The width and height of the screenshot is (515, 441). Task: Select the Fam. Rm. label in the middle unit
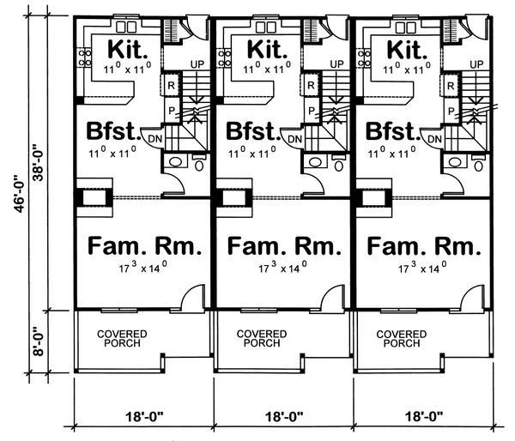tap(284, 246)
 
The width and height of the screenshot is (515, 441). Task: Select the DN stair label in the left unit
tap(154, 138)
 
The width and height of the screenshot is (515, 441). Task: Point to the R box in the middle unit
tap(311, 85)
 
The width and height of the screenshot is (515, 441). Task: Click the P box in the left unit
tap(172, 111)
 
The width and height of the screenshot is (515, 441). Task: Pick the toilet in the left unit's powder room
tap(200, 162)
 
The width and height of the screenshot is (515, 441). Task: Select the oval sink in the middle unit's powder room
tap(316, 161)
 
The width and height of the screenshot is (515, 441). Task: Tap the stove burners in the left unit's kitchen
tap(86, 57)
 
